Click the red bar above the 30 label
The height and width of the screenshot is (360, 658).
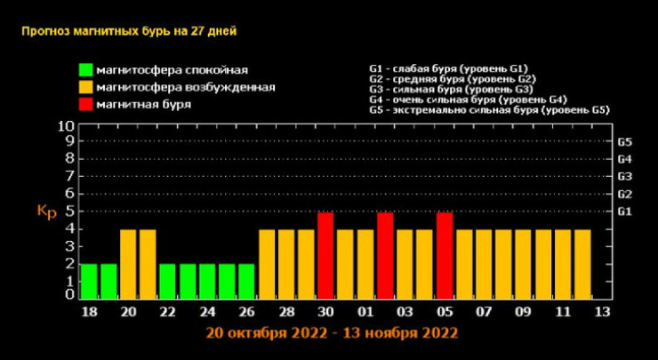(x=325, y=255)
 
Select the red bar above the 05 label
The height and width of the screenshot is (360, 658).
(x=445, y=255)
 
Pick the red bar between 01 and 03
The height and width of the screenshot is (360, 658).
(x=385, y=255)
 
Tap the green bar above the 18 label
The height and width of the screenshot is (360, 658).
(x=88, y=281)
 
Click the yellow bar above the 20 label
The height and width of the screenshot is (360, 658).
(x=128, y=264)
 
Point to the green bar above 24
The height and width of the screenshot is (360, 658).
(x=207, y=281)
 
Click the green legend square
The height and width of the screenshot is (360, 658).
(x=85, y=69)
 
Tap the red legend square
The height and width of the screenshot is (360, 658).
(x=85, y=103)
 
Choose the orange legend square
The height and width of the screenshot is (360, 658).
(x=85, y=86)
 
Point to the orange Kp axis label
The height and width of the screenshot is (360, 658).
(x=46, y=212)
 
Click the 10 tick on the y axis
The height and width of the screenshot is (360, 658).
(x=66, y=126)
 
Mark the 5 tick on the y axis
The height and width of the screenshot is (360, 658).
(x=69, y=212)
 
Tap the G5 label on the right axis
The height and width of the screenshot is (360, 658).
(x=624, y=142)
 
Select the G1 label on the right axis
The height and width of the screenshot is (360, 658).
(x=624, y=212)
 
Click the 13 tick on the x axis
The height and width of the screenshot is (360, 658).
(x=602, y=313)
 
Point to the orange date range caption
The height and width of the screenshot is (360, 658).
(x=331, y=333)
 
